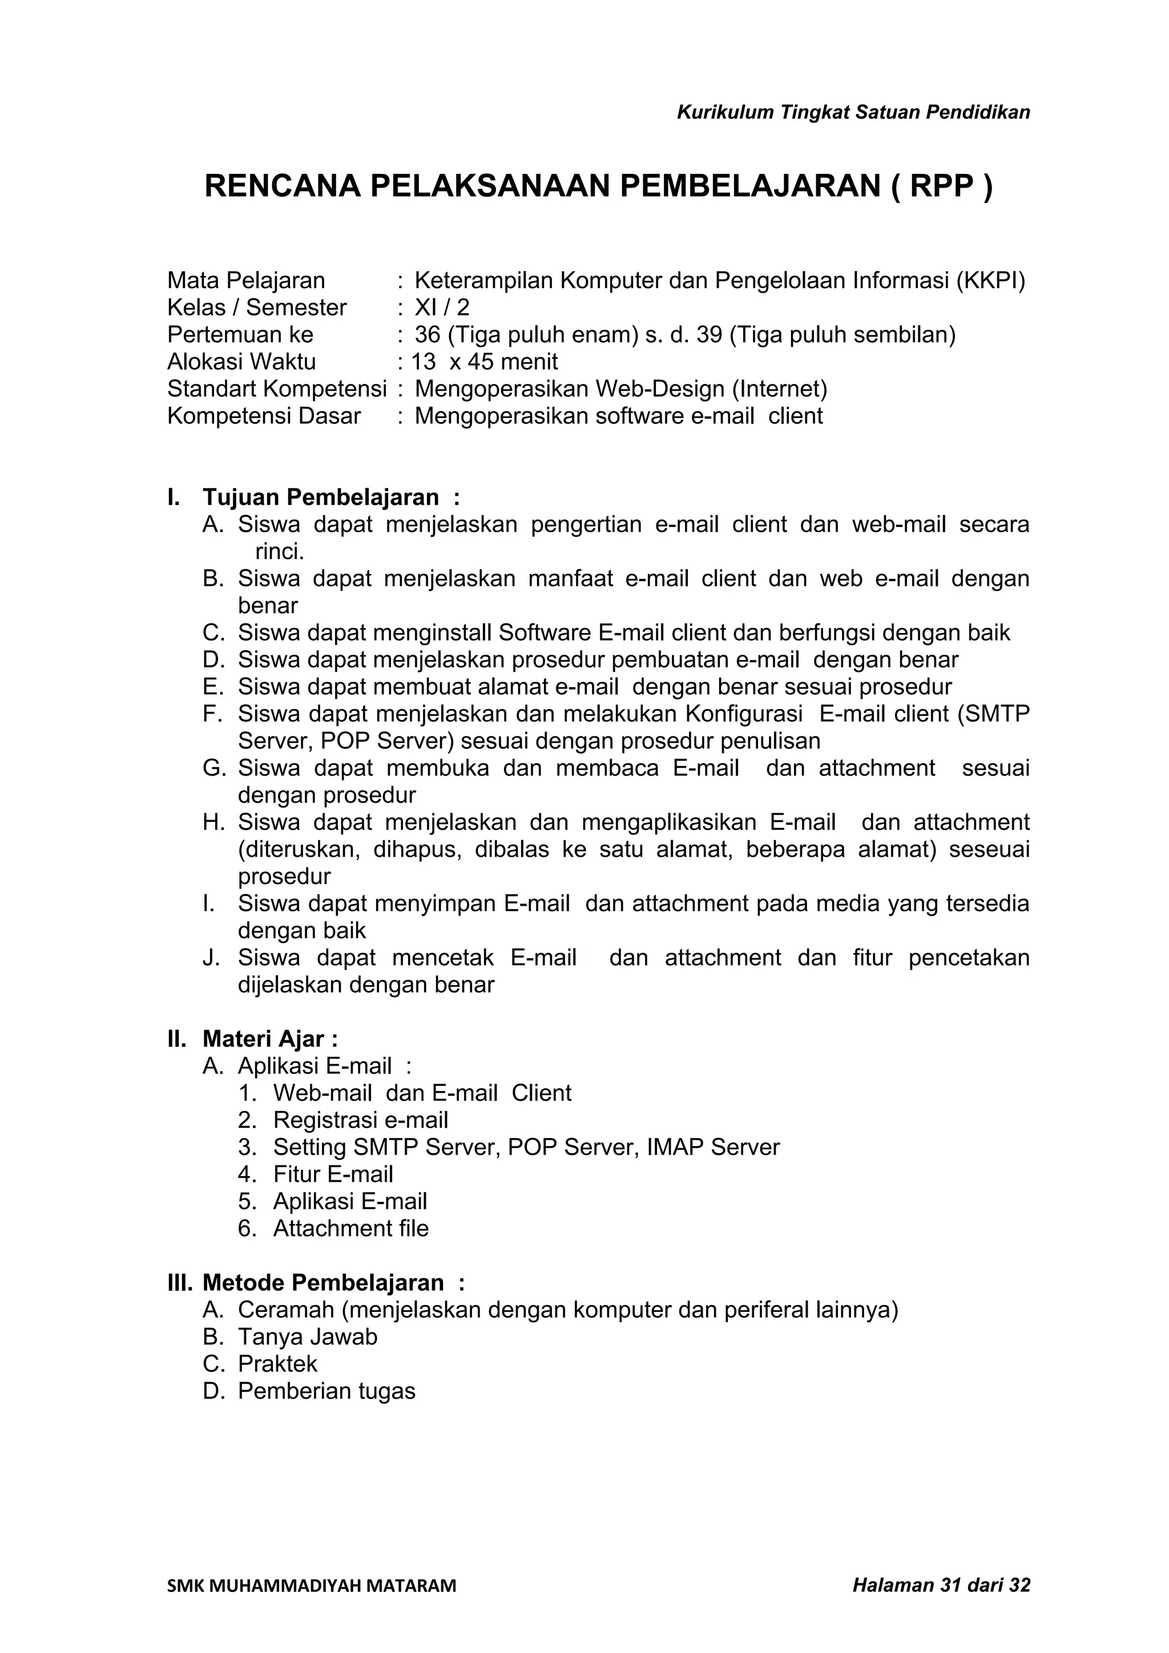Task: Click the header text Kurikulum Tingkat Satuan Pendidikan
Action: (x=853, y=112)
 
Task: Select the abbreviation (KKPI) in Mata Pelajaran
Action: (x=990, y=281)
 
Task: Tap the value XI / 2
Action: (x=442, y=308)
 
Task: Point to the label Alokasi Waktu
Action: (x=241, y=362)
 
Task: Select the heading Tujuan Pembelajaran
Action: (x=321, y=497)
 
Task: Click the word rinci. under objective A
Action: (x=280, y=552)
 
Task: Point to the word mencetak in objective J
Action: (x=443, y=958)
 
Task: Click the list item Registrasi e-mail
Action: (x=360, y=1120)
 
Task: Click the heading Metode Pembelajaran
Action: (x=324, y=1283)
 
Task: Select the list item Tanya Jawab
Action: (x=308, y=1337)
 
